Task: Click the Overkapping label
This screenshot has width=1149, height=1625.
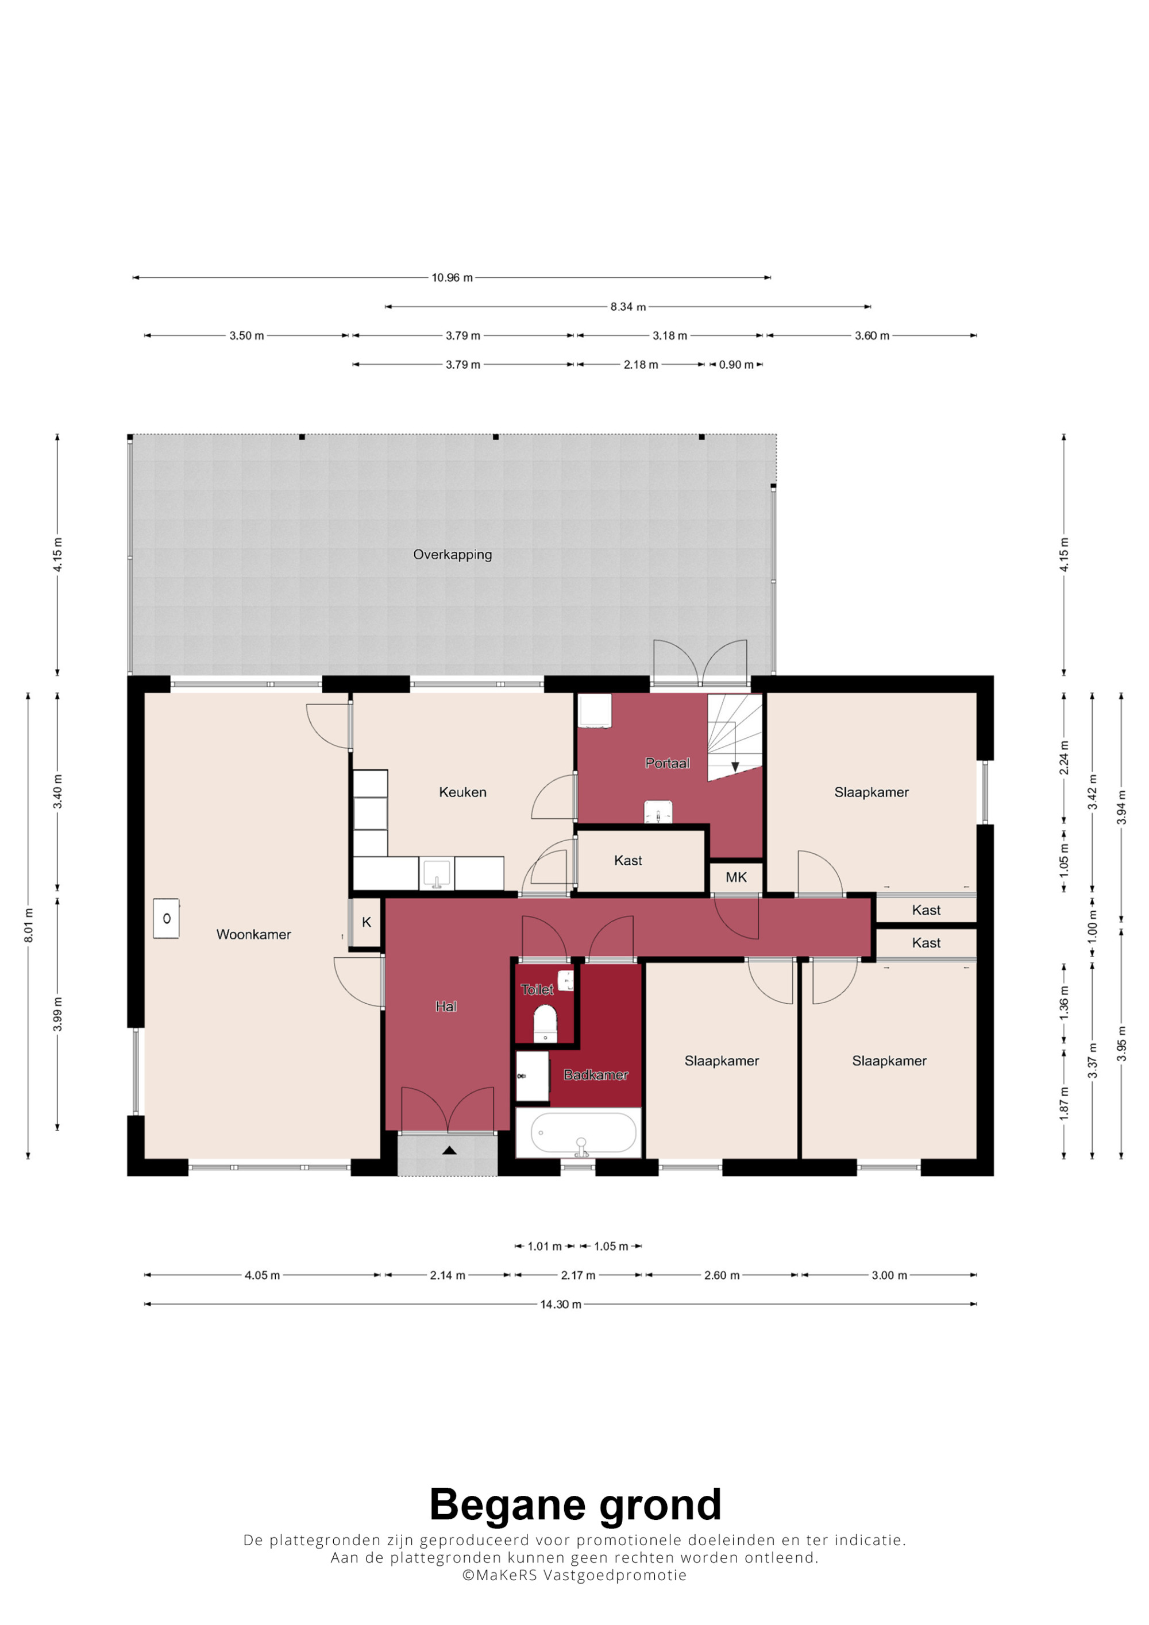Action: tap(452, 555)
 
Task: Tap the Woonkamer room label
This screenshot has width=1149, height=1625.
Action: tap(253, 934)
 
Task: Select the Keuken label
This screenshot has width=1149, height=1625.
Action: tap(462, 792)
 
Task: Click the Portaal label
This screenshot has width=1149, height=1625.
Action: tap(667, 763)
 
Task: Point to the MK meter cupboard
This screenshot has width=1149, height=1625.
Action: tap(737, 877)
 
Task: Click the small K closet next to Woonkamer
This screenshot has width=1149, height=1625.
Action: tap(367, 922)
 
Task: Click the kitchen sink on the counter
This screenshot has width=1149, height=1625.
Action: tap(437, 873)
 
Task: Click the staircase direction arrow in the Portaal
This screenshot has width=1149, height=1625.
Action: tap(735, 767)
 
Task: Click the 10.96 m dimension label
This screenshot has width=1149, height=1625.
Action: tap(452, 277)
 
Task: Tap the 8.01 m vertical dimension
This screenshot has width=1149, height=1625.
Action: tap(28, 925)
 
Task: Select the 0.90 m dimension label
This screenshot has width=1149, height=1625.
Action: tap(737, 365)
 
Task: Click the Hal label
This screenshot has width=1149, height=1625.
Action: tap(446, 1007)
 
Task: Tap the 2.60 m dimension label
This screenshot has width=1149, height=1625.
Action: tap(722, 1275)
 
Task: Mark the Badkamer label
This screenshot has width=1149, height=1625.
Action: tap(595, 1075)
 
